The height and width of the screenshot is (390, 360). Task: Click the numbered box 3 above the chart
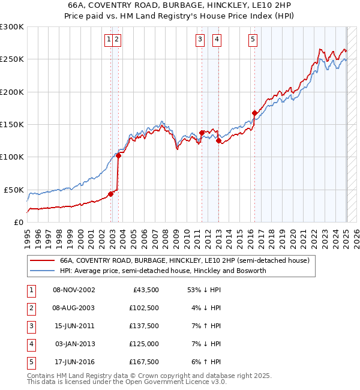point(199,40)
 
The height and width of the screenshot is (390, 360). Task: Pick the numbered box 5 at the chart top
point(253,40)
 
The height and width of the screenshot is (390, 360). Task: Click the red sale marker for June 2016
point(255,113)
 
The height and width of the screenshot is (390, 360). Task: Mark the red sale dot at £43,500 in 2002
point(110,194)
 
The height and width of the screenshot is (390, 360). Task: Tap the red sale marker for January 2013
point(218,141)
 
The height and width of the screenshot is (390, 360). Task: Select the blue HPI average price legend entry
point(162,271)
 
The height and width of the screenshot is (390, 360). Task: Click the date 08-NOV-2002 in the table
point(74,290)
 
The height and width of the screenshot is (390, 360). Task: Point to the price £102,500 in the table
point(144,308)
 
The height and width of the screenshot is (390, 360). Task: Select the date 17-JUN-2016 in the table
point(74,362)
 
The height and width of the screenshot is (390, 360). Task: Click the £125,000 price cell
point(144,344)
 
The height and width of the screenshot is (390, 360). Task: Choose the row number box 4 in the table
point(30,344)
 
